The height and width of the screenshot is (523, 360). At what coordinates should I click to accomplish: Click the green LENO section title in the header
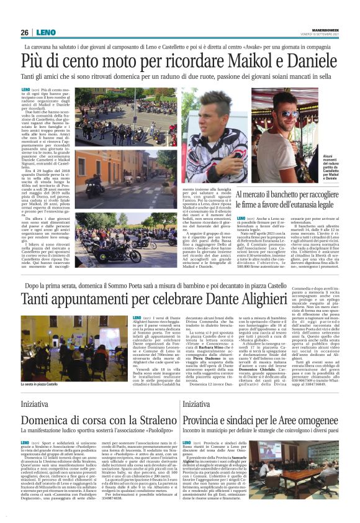pyautogui.click(x=46, y=32)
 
